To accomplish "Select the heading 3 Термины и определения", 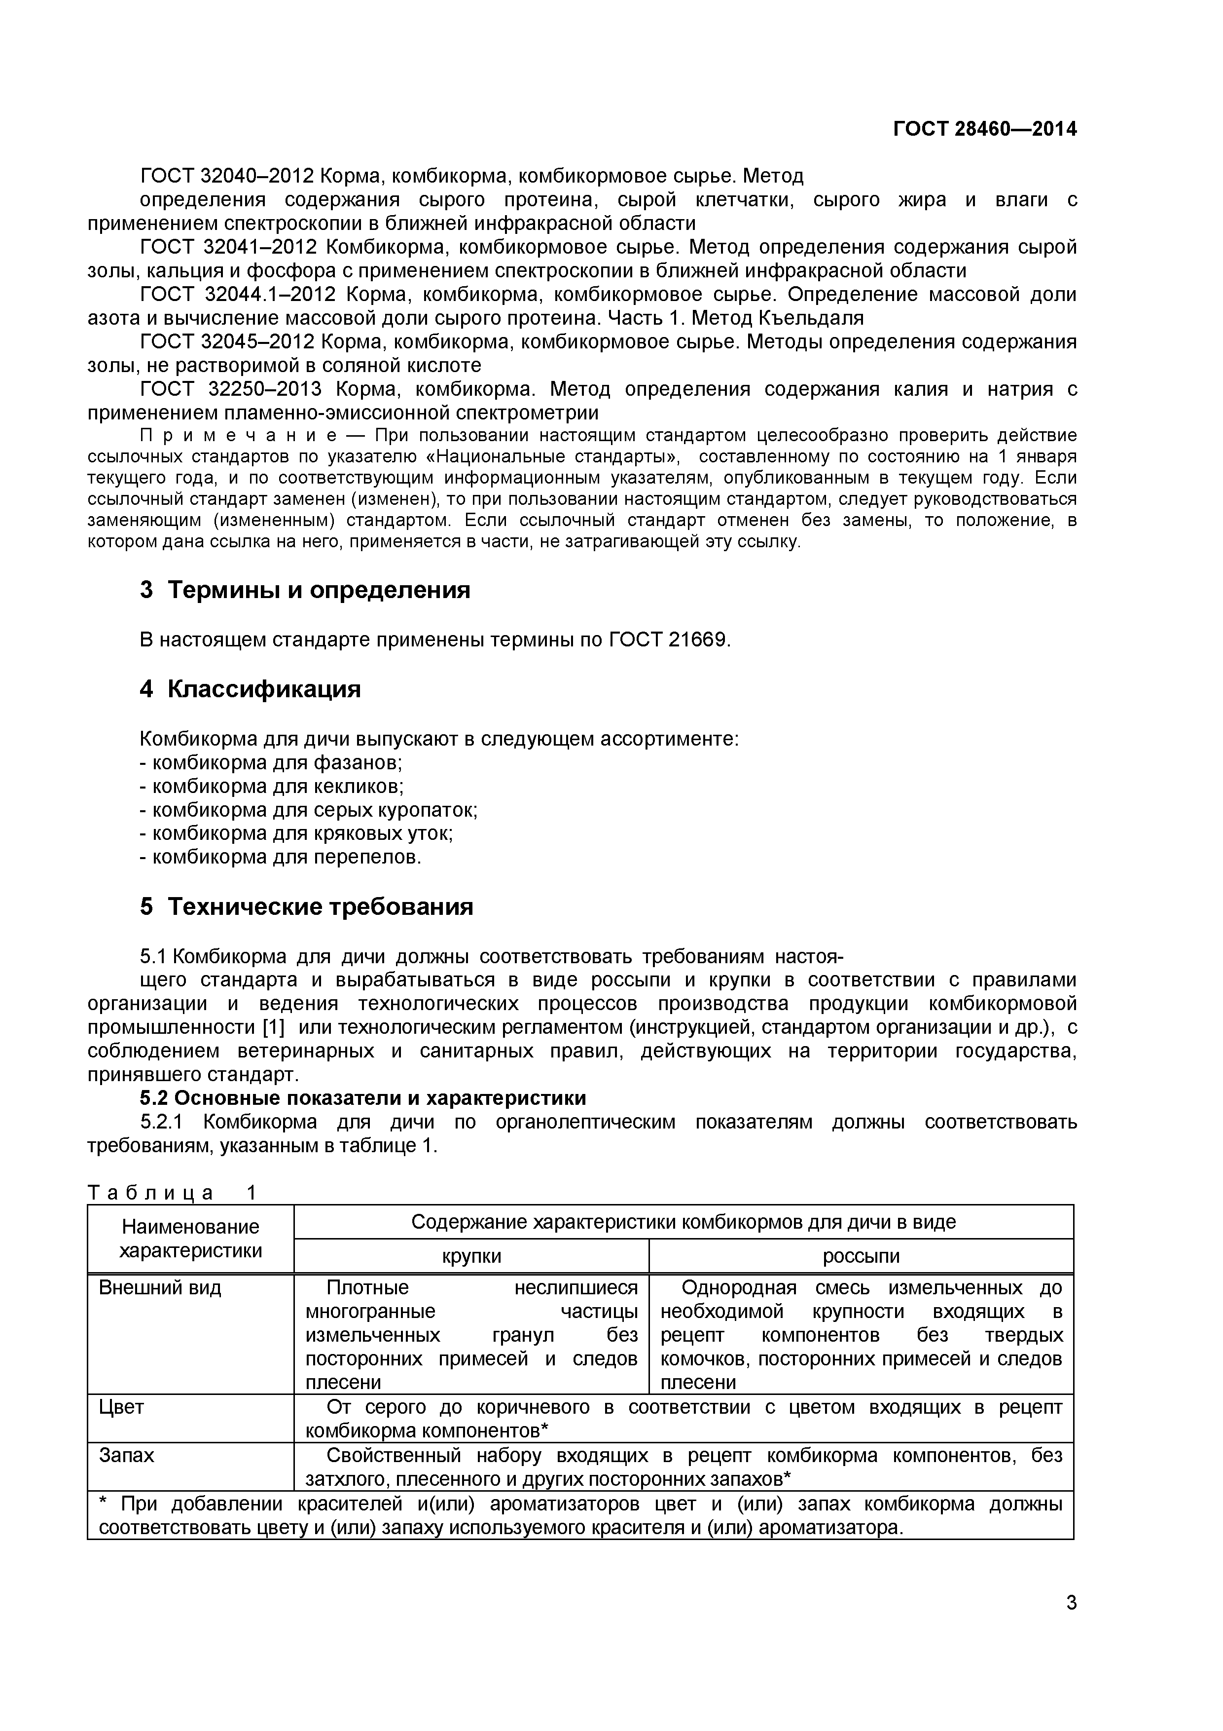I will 305,590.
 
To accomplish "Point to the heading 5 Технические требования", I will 307,906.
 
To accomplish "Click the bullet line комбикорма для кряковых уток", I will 296,833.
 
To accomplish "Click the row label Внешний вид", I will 160,1288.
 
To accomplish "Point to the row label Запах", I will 127,1455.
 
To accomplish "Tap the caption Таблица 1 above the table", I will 172,1193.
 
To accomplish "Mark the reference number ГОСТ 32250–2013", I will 231,389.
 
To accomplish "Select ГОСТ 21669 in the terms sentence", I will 668,640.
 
